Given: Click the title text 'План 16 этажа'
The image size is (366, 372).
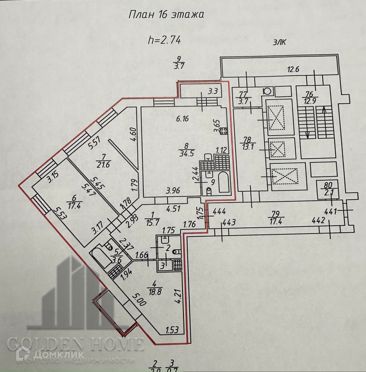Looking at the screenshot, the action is tap(167, 15).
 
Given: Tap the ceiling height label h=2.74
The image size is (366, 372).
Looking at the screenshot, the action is tap(164, 40).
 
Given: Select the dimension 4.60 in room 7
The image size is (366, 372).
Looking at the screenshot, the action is tap(133, 135).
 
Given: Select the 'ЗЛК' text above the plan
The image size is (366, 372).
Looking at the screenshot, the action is tap(280, 42).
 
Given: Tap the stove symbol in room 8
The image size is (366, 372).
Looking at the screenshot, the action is tap(223, 131).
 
